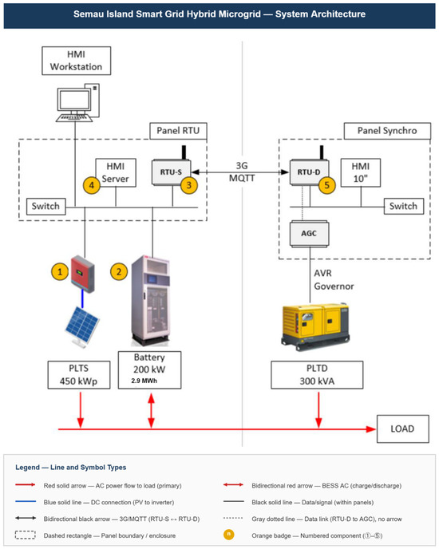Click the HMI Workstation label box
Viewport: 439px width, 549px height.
click(77, 61)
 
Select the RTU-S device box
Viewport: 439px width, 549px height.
click(172, 172)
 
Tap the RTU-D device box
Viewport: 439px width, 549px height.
click(309, 172)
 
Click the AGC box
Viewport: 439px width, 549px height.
click(309, 234)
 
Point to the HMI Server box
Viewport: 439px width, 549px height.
click(116, 172)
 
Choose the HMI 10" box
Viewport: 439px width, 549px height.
click(361, 172)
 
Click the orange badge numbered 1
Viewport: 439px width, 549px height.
click(60, 271)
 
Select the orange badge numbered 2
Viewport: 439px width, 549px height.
click(119, 271)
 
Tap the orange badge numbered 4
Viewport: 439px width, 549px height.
click(92, 185)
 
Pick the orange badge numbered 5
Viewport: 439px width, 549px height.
click(327, 185)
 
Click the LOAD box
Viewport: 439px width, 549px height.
click(403, 429)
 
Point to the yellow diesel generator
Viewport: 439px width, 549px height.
click(315, 326)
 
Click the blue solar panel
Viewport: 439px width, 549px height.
click(82, 327)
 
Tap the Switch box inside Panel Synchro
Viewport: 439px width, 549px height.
click(404, 206)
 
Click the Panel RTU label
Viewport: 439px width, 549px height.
click(178, 131)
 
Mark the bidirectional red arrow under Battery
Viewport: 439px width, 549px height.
click(152, 410)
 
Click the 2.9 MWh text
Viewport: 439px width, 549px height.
click(144, 381)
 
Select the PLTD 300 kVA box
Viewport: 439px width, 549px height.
click(317, 375)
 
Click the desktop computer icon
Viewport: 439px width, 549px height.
click(78, 103)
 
